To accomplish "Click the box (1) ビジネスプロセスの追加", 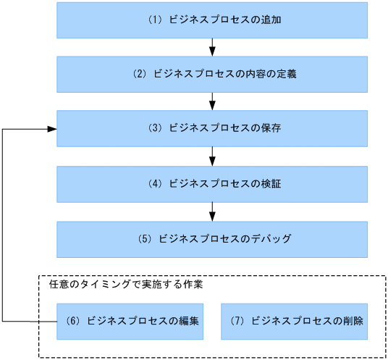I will [212, 20].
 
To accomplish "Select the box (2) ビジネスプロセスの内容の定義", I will [212, 74].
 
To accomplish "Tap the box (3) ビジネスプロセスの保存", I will [212, 128].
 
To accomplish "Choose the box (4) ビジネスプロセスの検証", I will [212, 184].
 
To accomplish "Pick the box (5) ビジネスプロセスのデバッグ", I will [212, 238].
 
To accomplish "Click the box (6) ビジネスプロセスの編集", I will [130, 321].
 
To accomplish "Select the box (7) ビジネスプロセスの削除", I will [294, 321].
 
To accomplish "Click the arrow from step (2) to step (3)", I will [212, 101].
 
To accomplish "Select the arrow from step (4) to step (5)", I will [212, 211].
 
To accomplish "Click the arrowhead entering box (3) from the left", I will [52, 128].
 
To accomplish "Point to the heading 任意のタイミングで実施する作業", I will [125, 285].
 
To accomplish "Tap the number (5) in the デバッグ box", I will [145, 238].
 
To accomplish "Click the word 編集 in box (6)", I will [188, 321].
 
